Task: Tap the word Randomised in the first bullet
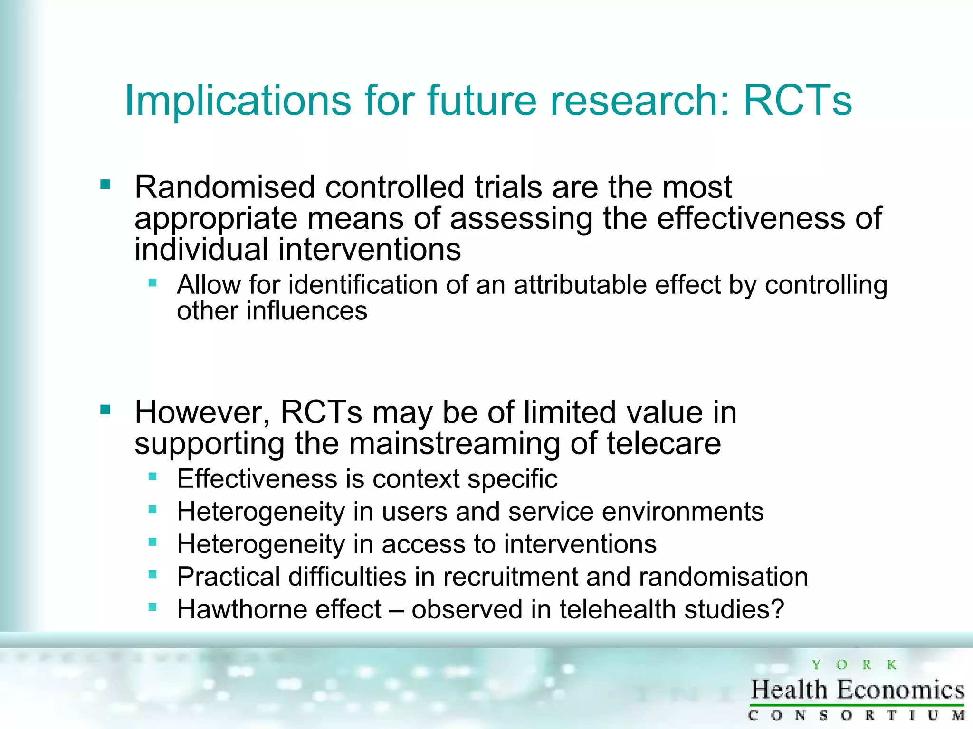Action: [x=225, y=187]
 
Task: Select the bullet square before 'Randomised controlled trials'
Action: [x=105, y=184]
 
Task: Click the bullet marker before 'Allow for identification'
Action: [x=153, y=283]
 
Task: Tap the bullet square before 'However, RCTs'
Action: [x=105, y=409]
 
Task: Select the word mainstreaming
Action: [x=454, y=444]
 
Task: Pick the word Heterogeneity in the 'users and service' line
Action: [x=261, y=512]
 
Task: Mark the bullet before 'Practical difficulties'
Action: [x=153, y=575]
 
